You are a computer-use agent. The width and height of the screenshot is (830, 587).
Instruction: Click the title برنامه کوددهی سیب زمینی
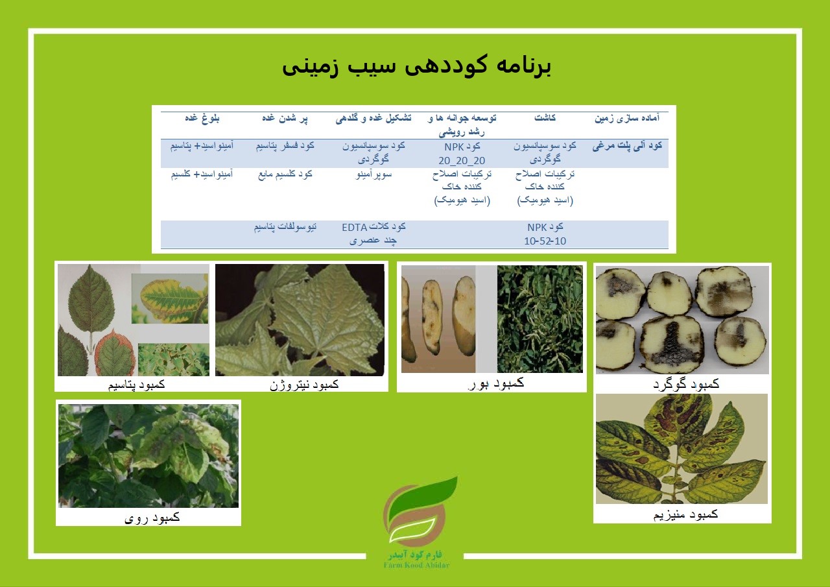point(416,67)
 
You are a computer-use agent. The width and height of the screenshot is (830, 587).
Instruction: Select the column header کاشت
point(545,118)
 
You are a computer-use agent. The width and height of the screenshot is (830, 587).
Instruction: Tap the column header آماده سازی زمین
point(627,118)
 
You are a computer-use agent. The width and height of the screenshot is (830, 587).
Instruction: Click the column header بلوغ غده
point(202,118)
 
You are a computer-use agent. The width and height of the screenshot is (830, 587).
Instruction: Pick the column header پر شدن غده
point(285,118)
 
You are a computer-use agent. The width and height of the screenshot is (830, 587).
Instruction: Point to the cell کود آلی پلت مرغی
point(627,146)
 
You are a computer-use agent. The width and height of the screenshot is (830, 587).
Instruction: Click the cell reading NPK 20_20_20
point(462,154)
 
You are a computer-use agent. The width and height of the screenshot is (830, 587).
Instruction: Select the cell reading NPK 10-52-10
point(545,234)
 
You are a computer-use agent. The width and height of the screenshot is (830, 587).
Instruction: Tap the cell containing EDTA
point(373,234)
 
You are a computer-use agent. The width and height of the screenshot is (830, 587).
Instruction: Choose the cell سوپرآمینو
point(373,174)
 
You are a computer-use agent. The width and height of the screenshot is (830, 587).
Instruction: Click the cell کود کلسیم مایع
point(285,174)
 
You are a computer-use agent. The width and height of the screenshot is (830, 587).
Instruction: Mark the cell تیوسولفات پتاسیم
point(285,227)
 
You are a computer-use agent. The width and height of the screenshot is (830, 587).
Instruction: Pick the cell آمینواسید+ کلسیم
point(202,174)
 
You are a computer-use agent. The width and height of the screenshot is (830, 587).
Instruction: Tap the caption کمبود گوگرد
point(686,384)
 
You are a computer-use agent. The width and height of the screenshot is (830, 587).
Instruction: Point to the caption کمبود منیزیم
point(685,514)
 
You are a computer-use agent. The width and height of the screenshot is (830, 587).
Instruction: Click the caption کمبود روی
point(152,518)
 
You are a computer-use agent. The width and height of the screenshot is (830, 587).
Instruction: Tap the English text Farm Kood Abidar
point(416,565)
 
